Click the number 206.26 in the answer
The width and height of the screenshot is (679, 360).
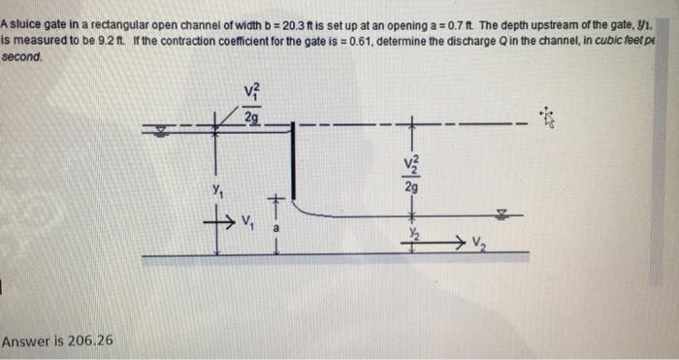[x=88, y=341]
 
